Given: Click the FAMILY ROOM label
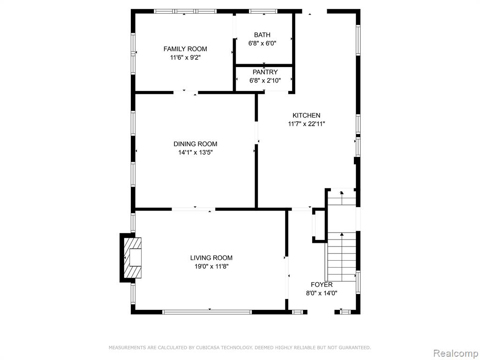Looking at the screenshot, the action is coord(185,49).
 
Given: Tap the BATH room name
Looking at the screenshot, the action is coord(262,35).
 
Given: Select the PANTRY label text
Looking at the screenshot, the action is coord(265,72).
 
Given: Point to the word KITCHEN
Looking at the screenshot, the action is coord(307,115).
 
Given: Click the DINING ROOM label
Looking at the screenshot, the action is coord(195,144).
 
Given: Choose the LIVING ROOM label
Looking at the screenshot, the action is coord(211,258).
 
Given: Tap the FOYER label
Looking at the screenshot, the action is coord(322,285).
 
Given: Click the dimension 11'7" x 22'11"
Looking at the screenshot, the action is coord(307,124).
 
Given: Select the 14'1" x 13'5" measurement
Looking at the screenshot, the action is coord(195,153).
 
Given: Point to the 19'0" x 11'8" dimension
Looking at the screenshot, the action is coord(211,267).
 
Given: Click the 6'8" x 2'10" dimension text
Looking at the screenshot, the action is coord(265,81).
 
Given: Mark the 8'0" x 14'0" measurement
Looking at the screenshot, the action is coord(322,293).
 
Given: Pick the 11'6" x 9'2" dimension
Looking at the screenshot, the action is coord(185,58).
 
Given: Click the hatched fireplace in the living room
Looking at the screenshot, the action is coord(132,258).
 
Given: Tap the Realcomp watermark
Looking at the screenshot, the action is coord(456,353).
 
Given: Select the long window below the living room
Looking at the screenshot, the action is coord(207,312).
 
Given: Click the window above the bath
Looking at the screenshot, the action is coord(263,11).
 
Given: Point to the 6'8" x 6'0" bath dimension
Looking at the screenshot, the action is coord(262,44).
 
